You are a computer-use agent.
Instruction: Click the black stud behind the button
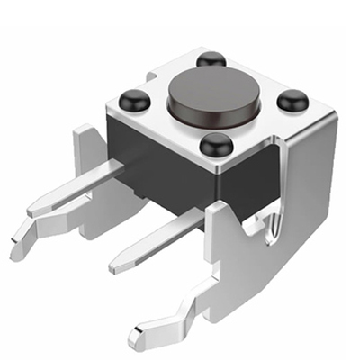(x=211, y=59)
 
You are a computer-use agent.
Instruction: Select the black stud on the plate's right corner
(x=292, y=101)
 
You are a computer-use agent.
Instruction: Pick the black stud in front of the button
(x=216, y=144)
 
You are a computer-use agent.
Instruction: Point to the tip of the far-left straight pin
(x=34, y=209)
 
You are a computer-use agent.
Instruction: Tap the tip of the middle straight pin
(x=117, y=265)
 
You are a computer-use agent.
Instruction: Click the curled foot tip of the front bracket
(x=137, y=340)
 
